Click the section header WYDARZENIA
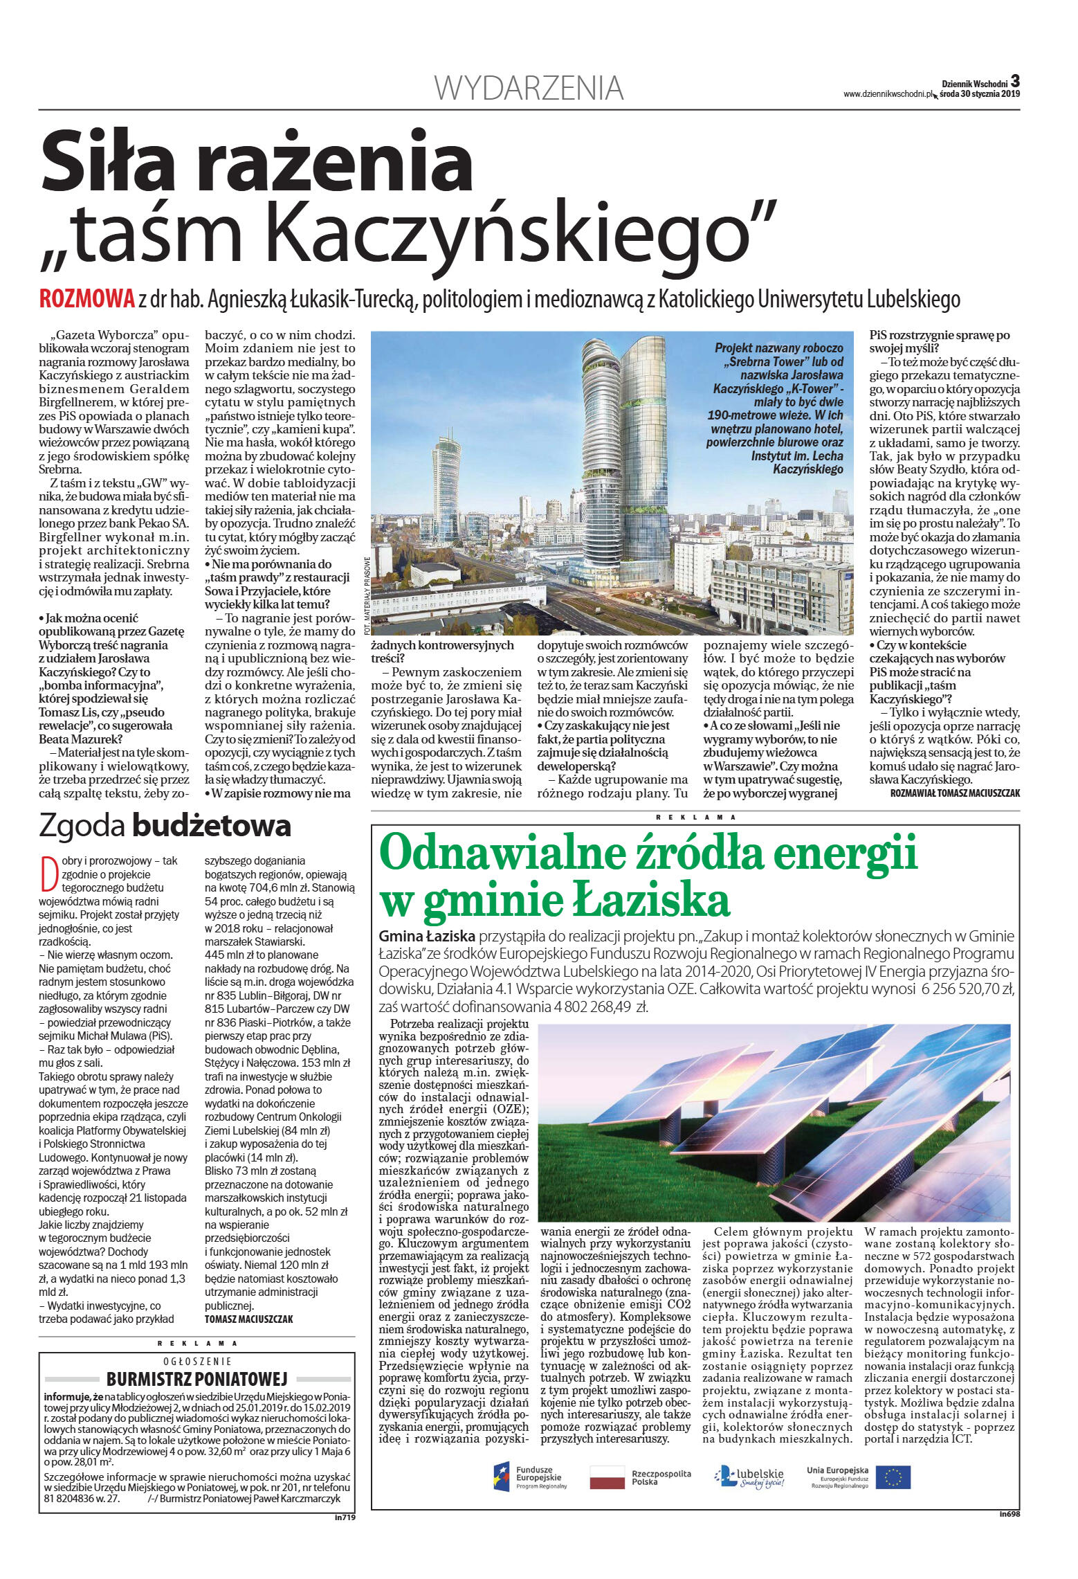click(x=529, y=89)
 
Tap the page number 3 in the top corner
click(x=1014, y=80)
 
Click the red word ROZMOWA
click(x=86, y=298)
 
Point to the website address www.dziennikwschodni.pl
click(x=887, y=95)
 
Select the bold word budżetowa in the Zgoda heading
click(x=212, y=826)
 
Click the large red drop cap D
click(x=48, y=874)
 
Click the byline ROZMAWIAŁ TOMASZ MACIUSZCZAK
click(x=955, y=793)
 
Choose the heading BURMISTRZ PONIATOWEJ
click(x=197, y=1378)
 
